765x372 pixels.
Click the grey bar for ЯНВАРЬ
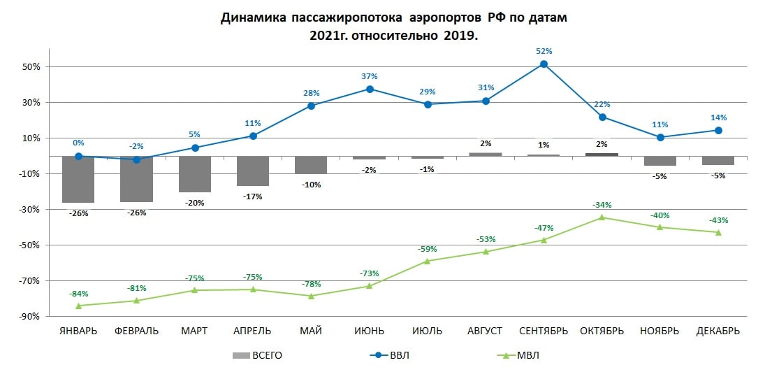[x=78, y=179]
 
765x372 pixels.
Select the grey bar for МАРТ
[x=195, y=173]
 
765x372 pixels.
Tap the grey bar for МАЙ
[x=311, y=164]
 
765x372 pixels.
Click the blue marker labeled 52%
[x=544, y=64]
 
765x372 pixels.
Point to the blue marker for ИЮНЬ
[x=370, y=89]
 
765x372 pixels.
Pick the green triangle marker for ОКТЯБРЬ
[x=602, y=217]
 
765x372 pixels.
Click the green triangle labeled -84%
[x=78, y=306]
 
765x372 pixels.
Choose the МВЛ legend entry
[x=516, y=355]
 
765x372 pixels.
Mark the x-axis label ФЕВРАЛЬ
[x=136, y=331]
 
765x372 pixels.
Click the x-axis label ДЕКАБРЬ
[x=718, y=331]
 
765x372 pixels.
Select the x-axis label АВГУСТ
[x=486, y=331]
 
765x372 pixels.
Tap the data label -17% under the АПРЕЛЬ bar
[x=253, y=196]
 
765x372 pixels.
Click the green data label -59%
[x=428, y=248]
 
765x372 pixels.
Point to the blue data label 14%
[x=719, y=117]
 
